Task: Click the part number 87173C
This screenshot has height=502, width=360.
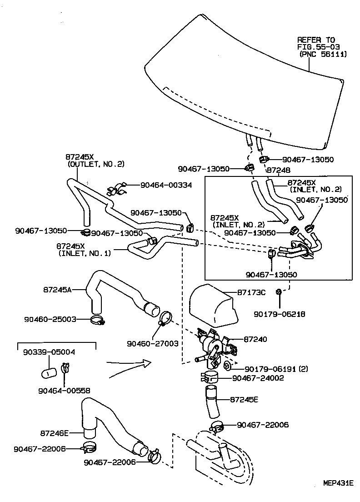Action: pyautogui.click(x=251, y=292)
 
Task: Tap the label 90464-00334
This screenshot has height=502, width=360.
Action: pyautogui.click(x=166, y=185)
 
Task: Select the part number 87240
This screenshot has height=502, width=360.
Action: pyautogui.click(x=255, y=339)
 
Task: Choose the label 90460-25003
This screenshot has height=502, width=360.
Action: pyautogui.click(x=50, y=319)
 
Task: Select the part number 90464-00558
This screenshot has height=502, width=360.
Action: pyautogui.click(x=64, y=390)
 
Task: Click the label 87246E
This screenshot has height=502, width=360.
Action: pyautogui.click(x=54, y=433)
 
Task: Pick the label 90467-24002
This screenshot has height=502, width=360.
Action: pyautogui.click(x=257, y=377)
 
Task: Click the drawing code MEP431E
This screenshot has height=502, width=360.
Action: pyautogui.click(x=338, y=482)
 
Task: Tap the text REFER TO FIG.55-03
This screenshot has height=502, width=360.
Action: pyautogui.click(x=316, y=43)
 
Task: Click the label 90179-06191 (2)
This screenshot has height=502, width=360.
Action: pyautogui.click(x=276, y=368)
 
